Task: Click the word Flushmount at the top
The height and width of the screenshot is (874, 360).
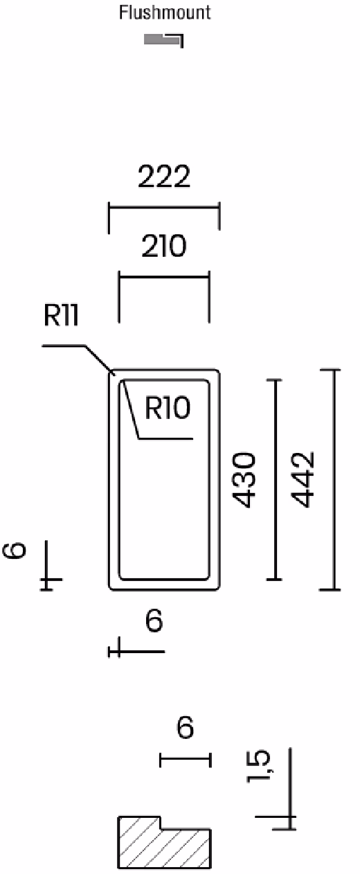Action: coord(165,12)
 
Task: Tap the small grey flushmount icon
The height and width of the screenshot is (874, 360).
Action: coord(163,39)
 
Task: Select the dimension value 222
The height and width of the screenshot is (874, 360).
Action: coord(164,177)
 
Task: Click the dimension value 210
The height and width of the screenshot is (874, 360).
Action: coord(164,246)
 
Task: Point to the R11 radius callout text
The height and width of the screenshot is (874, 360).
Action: coord(62,315)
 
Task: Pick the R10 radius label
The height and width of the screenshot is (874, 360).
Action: coord(168,408)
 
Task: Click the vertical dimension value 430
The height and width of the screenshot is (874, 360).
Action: coord(244,480)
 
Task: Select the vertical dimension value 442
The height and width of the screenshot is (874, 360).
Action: coord(303,479)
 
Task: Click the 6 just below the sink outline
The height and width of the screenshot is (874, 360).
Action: coord(154,621)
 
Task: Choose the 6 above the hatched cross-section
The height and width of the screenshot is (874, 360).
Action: coord(185,728)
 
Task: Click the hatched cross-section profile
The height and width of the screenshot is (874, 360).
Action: coord(164,844)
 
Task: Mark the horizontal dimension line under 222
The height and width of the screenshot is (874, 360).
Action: coord(164,207)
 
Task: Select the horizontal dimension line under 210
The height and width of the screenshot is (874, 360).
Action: coord(164,278)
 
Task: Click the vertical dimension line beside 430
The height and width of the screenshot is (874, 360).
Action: coord(276,479)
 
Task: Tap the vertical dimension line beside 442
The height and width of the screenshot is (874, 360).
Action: coord(334,479)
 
